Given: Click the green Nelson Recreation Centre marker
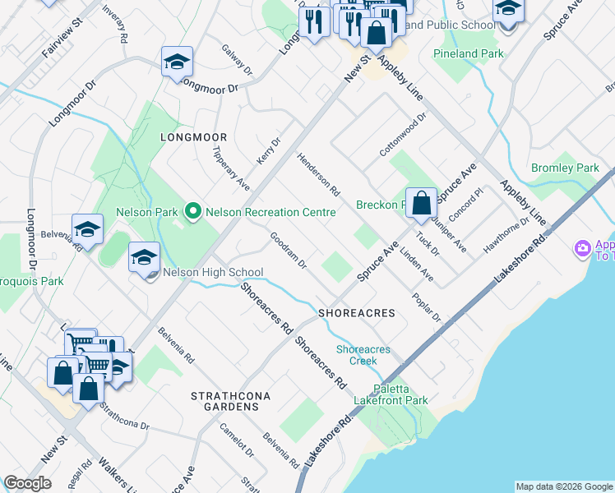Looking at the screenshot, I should (x=193, y=213).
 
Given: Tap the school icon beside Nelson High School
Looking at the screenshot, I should (x=144, y=260).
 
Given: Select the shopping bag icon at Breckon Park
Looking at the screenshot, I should (x=421, y=203).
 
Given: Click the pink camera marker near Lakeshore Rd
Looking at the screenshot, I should (x=583, y=247).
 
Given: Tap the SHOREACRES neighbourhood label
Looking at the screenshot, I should (x=357, y=313).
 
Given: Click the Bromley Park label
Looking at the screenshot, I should (x=565, y=168).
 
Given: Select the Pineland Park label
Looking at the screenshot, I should (x=468, y=53).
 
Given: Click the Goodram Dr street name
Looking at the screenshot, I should (x=289, y=251).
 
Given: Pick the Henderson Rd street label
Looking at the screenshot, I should (x=319, y=174).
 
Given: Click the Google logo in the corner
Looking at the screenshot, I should (x=27, y=483).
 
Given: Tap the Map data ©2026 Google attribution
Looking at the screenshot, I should (x=563, y=486).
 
